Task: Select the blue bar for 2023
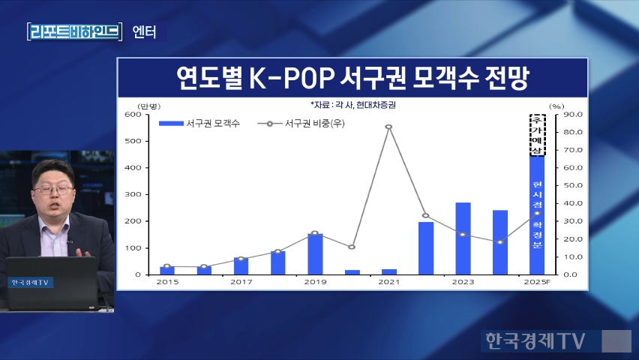point(463,238)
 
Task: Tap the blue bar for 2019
point(315,254)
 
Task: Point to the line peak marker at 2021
point(388,127)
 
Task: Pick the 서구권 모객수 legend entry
point(199,123)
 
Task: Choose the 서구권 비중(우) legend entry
point(300,123)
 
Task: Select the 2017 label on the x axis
point(241,283)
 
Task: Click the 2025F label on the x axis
point(536,283)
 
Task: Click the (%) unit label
point(556,106)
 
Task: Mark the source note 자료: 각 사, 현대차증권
point(352,105)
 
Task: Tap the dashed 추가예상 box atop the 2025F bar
point(537,135)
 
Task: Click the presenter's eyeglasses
point(52,190)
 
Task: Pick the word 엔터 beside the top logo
point(144,32)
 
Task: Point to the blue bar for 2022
point(426,248)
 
